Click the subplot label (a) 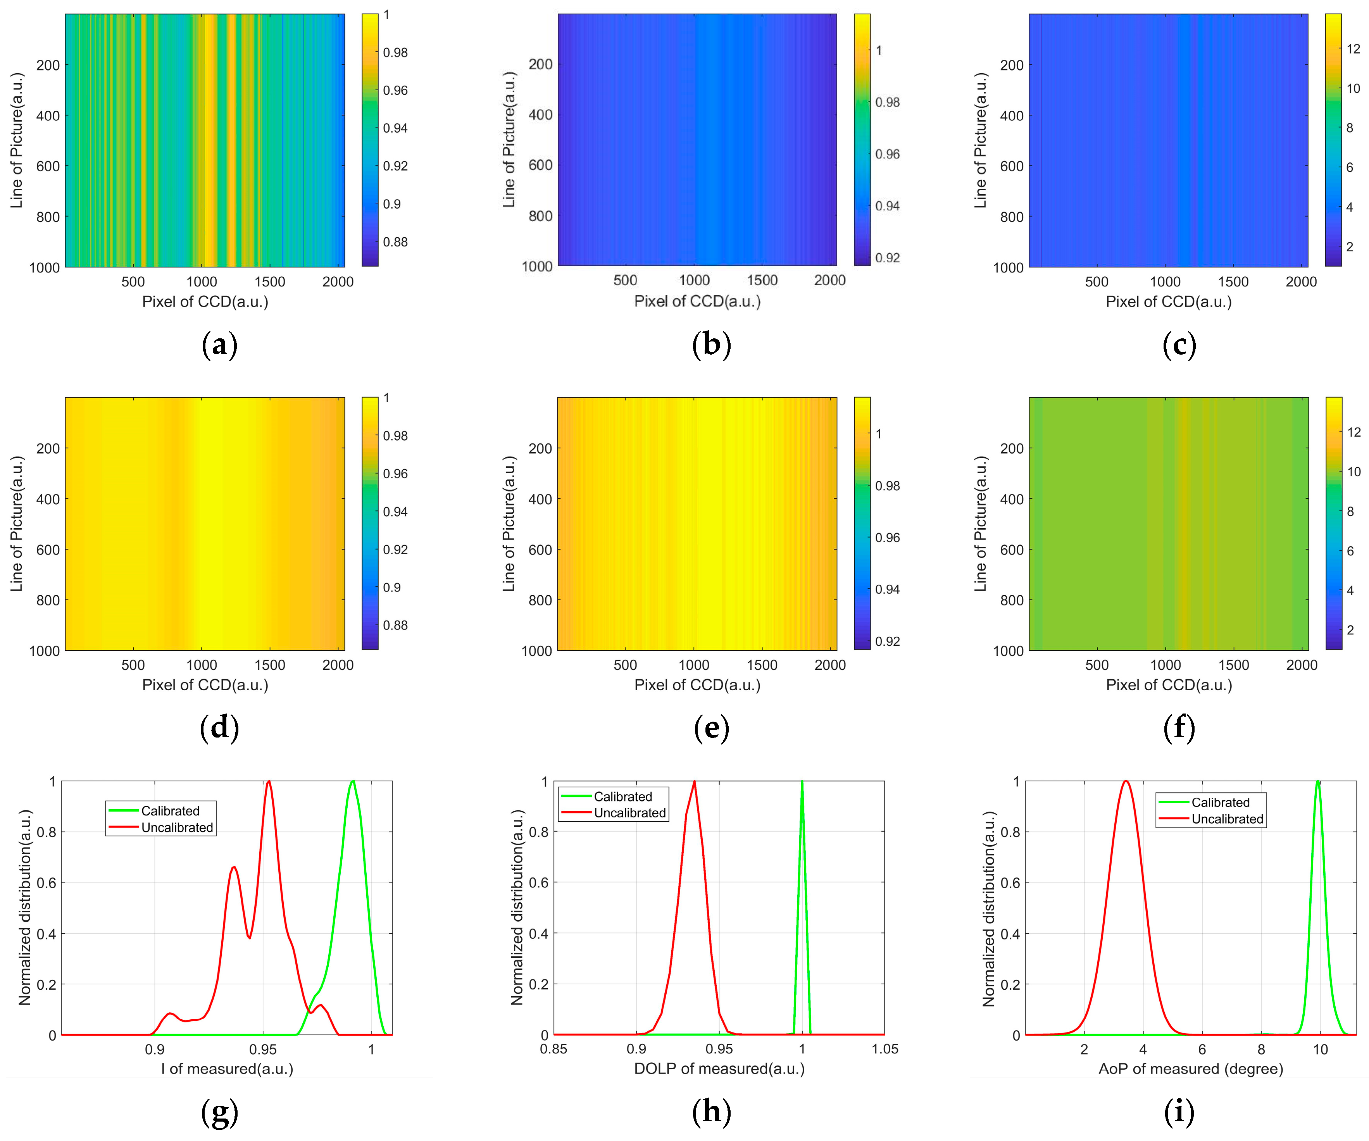click(x=220, y=344)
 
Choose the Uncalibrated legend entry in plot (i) click(x=1227, y=819)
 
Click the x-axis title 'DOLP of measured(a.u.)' click(x=719, y=1069)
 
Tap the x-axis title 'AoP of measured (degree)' click(x=1190, y=1069)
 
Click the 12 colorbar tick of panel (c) click(x=1353, y=49)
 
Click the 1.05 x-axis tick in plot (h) click(x=885, y=1049)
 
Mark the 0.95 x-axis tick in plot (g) click(x=263, y=1049)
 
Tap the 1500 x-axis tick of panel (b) click(x=762, y=280)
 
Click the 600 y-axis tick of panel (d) click(x=48, y=550)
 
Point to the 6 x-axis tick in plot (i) click(x=1202, y=1049)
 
